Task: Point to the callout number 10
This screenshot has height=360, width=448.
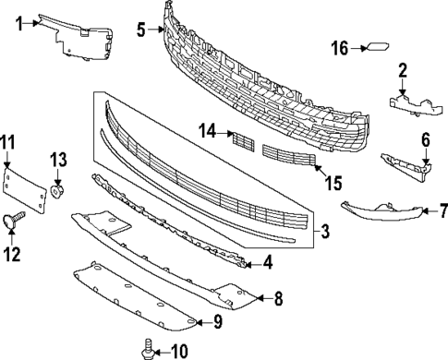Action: coord(178,350)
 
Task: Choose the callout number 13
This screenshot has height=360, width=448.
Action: coord(58,161)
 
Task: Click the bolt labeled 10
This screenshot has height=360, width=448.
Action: coord(146,349)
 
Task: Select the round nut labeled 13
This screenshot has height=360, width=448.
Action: coord(57,191)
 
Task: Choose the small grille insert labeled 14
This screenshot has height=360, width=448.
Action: coord(242,140)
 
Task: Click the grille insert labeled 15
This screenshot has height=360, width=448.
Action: coord(288,157)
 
